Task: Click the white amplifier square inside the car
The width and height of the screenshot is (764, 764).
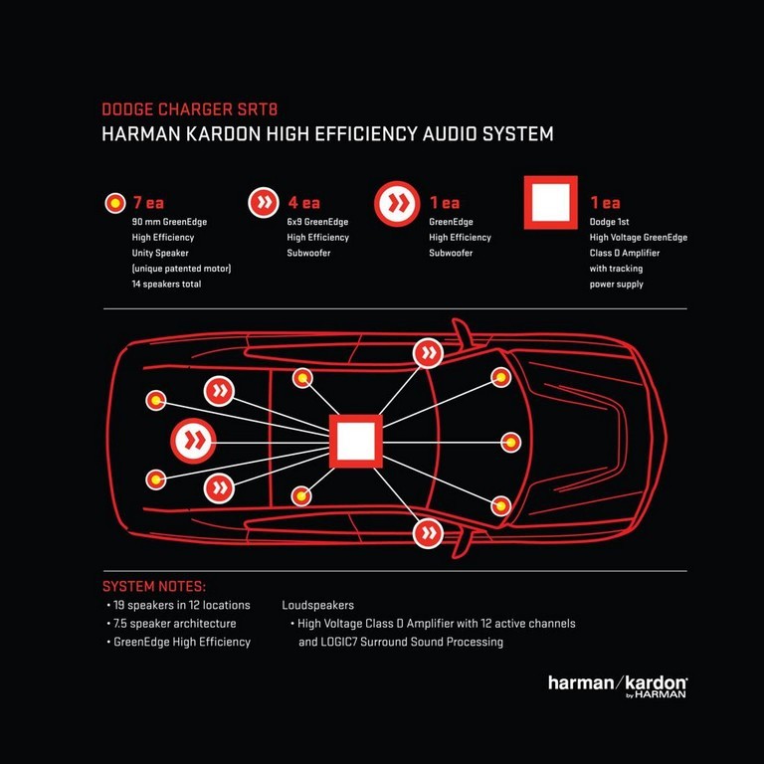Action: coord(356,442)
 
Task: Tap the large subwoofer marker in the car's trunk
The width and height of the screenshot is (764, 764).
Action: coord(193,441)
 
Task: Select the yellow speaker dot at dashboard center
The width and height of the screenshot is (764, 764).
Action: coord(510,443)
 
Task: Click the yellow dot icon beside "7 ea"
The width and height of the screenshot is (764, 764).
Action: coord(115,203)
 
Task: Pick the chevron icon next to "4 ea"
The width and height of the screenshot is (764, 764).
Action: coord(264,202)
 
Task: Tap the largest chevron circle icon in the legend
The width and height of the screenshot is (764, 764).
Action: coord(397,204)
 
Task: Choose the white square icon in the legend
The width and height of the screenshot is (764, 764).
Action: coord(550,202)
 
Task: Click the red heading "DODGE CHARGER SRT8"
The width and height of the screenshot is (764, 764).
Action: coord(190,109)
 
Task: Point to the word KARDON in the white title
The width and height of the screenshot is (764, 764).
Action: coord(224,134)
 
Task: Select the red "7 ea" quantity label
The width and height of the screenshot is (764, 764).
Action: coord(148,202)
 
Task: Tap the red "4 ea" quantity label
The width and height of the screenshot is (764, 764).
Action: coord(304,202)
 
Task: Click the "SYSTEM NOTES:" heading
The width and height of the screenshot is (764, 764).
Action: coord(154,586)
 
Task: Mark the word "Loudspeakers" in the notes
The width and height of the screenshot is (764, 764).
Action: coord(317,605)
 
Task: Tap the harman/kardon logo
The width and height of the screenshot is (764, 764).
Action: coord(618,686)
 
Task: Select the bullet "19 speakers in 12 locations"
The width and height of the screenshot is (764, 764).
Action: coord(178,605)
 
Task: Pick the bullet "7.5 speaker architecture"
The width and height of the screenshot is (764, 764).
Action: coord(171,624)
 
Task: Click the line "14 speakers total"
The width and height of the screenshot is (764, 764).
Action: coord(166,285)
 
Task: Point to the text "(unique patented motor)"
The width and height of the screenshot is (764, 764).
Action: coord(181,269)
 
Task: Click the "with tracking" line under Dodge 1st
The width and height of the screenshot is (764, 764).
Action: coord(616,269)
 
